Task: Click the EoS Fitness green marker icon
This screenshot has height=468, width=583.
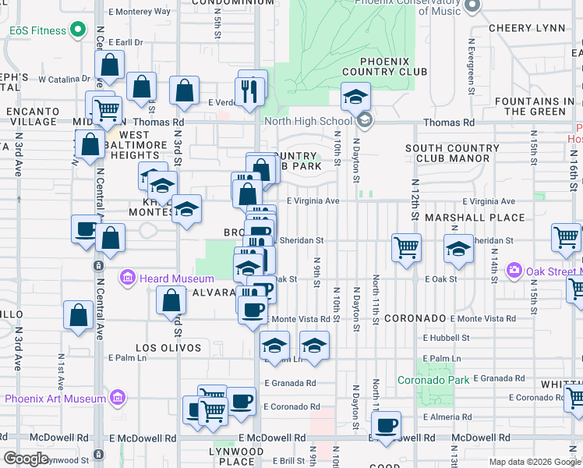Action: (x=76, y=30)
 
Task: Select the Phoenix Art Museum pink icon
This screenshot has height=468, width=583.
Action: (x=117, y=398)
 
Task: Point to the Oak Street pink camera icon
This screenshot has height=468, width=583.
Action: (x=514, y=271)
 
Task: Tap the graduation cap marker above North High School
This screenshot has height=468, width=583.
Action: (x=355, y=97)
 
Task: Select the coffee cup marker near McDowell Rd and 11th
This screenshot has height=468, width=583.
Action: (x=386, y=425)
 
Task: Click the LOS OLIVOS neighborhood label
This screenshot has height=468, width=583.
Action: (x=168, y=348)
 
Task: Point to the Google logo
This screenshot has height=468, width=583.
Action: (x=26, y=458)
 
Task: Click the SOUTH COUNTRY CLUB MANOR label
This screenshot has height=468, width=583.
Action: (x=447, y=153)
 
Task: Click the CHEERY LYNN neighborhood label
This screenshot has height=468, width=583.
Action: (x=526, y=28)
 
